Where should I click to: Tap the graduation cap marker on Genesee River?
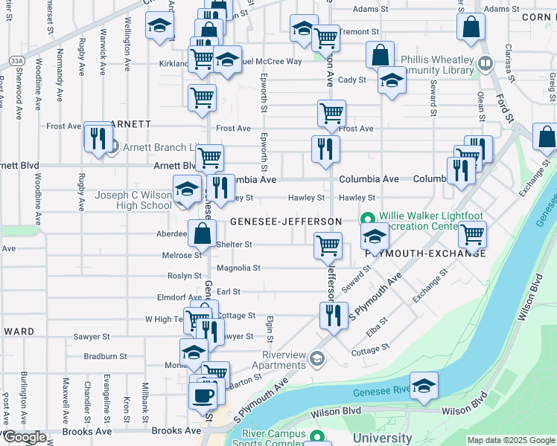pyautogui.click(x=424, y=386)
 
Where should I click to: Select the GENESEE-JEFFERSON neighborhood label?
pyautogui.click(x=286, y=222)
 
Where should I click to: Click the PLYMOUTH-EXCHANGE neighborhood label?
pyautogui.click(x=425, y=253)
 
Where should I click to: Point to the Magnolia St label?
pyautogui.click(x=238, y=268)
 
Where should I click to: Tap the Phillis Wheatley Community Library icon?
pyautogui.click(x=486, y=65)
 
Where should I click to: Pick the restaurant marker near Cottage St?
pyautogui.click(x=334, y=315)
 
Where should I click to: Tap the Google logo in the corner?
pyautogui.click(x=24, y=437)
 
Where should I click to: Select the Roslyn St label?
pyautogui.click(x=180, y=275)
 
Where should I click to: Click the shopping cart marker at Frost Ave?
pyautogui.click(x=331, y=114)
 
